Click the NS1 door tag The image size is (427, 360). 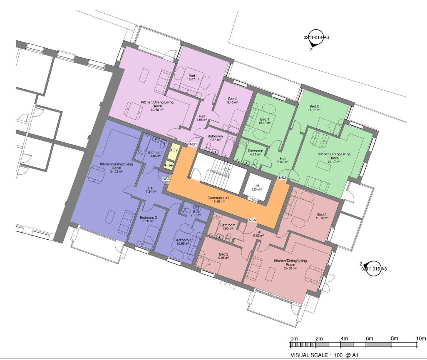point(194,144)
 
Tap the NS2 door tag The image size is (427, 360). point(166,179)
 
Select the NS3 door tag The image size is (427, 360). point(283,178)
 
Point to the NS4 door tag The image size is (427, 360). point(252,220)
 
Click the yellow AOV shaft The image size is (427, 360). point(174,149)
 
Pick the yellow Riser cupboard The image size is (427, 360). point(169,165)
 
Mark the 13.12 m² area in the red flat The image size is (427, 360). point(322,218)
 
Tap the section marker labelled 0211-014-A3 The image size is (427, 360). point(314,38)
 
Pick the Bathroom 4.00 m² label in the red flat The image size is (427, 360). point(228,227)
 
